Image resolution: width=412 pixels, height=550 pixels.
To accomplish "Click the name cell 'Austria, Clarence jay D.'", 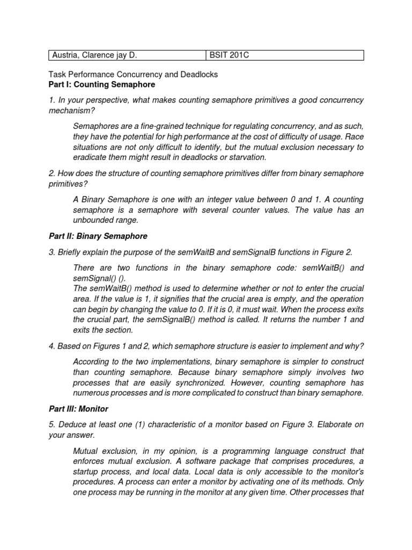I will (x=97, y=55).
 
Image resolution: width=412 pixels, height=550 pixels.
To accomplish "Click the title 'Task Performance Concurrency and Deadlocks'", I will (x=133, y=75).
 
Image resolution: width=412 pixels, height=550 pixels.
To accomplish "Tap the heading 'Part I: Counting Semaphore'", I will (x=101, y=84).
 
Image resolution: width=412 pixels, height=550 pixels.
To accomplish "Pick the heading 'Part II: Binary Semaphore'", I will (x=98, y=236).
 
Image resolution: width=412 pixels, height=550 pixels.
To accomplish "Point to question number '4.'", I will (x=52, y=346).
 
